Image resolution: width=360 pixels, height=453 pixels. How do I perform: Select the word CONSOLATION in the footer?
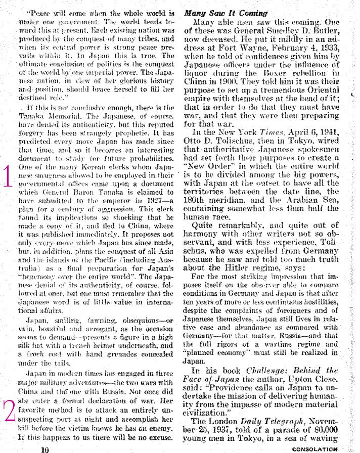[314, 448]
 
